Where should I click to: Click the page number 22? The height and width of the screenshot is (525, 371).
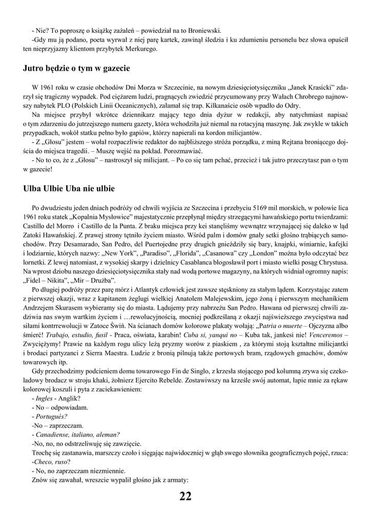186,496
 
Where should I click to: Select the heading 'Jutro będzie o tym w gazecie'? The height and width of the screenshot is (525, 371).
76,68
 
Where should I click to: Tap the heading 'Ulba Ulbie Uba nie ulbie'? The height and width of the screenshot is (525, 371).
69,189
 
